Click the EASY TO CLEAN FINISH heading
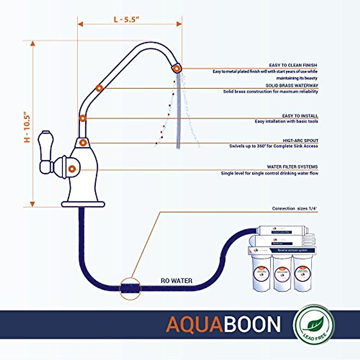[x=293, y=65]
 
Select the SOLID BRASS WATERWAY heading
[x=292, y=85]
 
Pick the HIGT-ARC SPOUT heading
[x=300, y=140]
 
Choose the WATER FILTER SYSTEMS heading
[x=292, y=166]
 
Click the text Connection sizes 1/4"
[x=294, y=208]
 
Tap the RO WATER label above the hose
[x=176, y=281]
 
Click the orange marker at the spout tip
[x=177, y=69]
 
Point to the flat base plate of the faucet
[x=83, y=204]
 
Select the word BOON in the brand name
[x=251, y=324]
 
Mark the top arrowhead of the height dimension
[x=33, y=44]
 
